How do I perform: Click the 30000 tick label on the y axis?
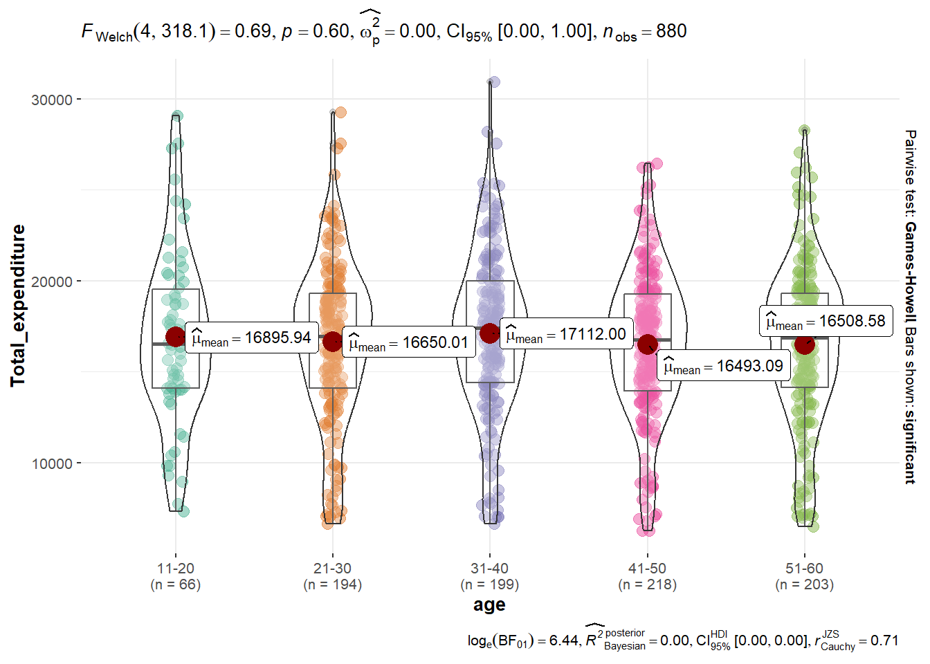pyautogui.click(x=52, y=100)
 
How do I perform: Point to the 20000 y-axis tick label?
pyautogui.click(x=52, y=282)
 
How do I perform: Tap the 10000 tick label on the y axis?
pyautogui.click(x=52, y=463)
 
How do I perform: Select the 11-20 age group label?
pyautogui.click(x=176, y=569)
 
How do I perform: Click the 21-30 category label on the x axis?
pyautogui.click(x=333, y=569)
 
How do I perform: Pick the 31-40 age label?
pyautogui.click(x=490, y=569)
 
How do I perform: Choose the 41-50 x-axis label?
pyautogui.click(x=647, y=569)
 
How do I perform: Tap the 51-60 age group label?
pyautogui.click(x=804, y=569)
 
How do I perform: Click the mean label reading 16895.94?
pyautogui.click(x=252, y=338)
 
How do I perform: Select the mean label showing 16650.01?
pyautogui.click(x=409, y=342)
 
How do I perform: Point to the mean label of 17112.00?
pyautogui.click(x=566, y=335)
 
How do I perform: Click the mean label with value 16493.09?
pyautogui.click(x=723, y=367)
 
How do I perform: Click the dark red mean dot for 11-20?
pyautogui.click(x=176, y=337)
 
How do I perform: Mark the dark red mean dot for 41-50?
pyautogui.click(x=648, y=344)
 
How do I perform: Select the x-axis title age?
pyautogui.click(x=489, y=605)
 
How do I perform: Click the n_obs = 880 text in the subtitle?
pyautogui.click(x=644, y=32)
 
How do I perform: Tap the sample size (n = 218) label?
pyautogui.click(x=647, y=584)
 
